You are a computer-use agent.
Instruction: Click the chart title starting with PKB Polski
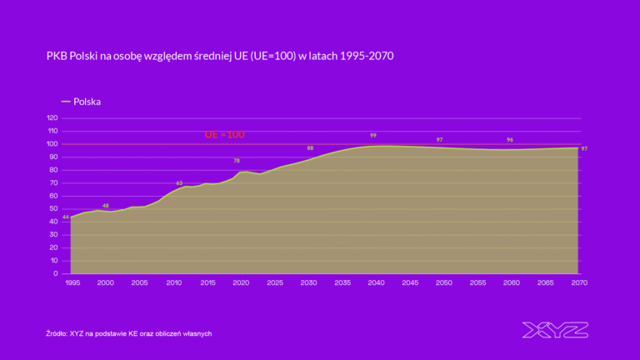219,56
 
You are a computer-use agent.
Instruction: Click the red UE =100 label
225,134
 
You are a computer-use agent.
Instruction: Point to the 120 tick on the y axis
52,118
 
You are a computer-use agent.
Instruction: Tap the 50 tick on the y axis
54,208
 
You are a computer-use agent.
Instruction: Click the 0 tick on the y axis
56,273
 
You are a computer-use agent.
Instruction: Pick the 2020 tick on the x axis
240,283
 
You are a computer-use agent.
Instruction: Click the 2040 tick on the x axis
376,283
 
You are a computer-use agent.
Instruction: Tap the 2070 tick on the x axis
579,283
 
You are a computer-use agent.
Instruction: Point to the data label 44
65,217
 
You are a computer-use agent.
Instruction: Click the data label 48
105,205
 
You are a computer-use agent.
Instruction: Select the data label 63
179,182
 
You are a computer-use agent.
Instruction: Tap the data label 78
237,161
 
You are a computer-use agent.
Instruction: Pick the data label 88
310,147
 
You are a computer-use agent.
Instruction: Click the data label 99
373,135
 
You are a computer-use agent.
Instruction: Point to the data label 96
509,140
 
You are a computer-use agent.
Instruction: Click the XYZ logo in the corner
555,330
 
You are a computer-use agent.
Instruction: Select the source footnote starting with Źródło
128,333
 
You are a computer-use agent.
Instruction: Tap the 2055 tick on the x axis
477,283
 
